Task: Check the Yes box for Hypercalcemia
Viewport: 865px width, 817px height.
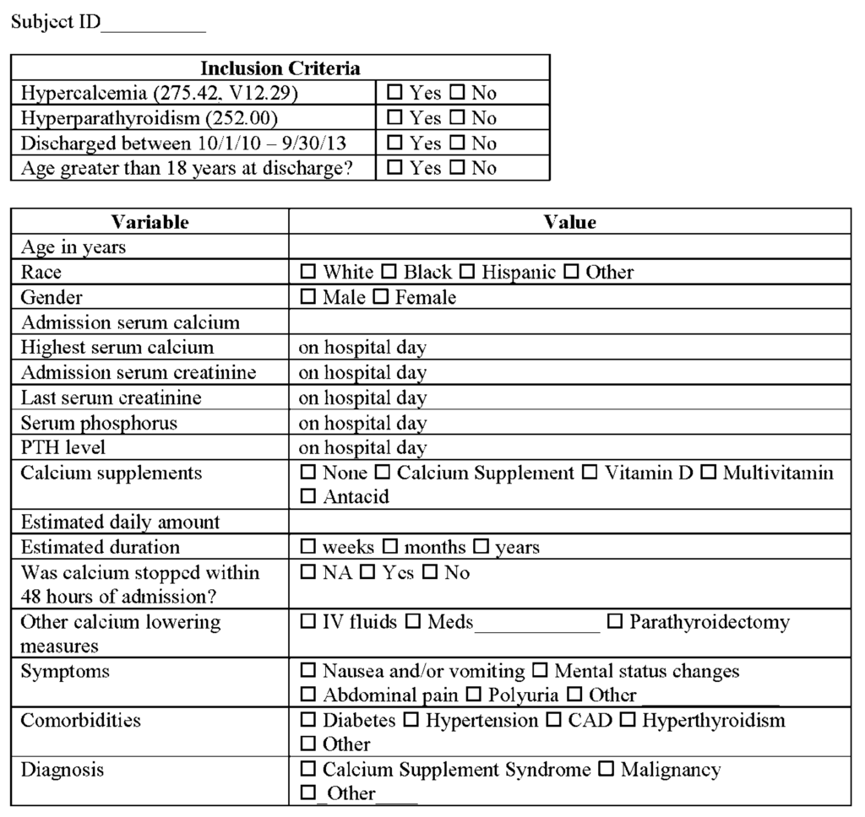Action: coord(394,93)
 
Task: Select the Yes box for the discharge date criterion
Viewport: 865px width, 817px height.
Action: coord(394,143)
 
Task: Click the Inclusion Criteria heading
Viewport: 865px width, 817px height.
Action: coord(280,68)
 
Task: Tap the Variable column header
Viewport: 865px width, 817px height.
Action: coord(150,222)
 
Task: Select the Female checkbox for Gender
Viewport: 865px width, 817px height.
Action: coord(381,297)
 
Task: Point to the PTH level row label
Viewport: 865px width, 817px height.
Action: coord(63,447)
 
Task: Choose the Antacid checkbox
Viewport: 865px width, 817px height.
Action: coord(308,497)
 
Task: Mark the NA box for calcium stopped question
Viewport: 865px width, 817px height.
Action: coord(308,573)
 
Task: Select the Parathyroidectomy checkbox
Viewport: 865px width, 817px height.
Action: coord(615,623)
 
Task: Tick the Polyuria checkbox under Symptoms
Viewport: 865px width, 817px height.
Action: coord(473,695)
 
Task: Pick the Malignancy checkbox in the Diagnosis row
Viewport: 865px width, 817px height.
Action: coord(607,770)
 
